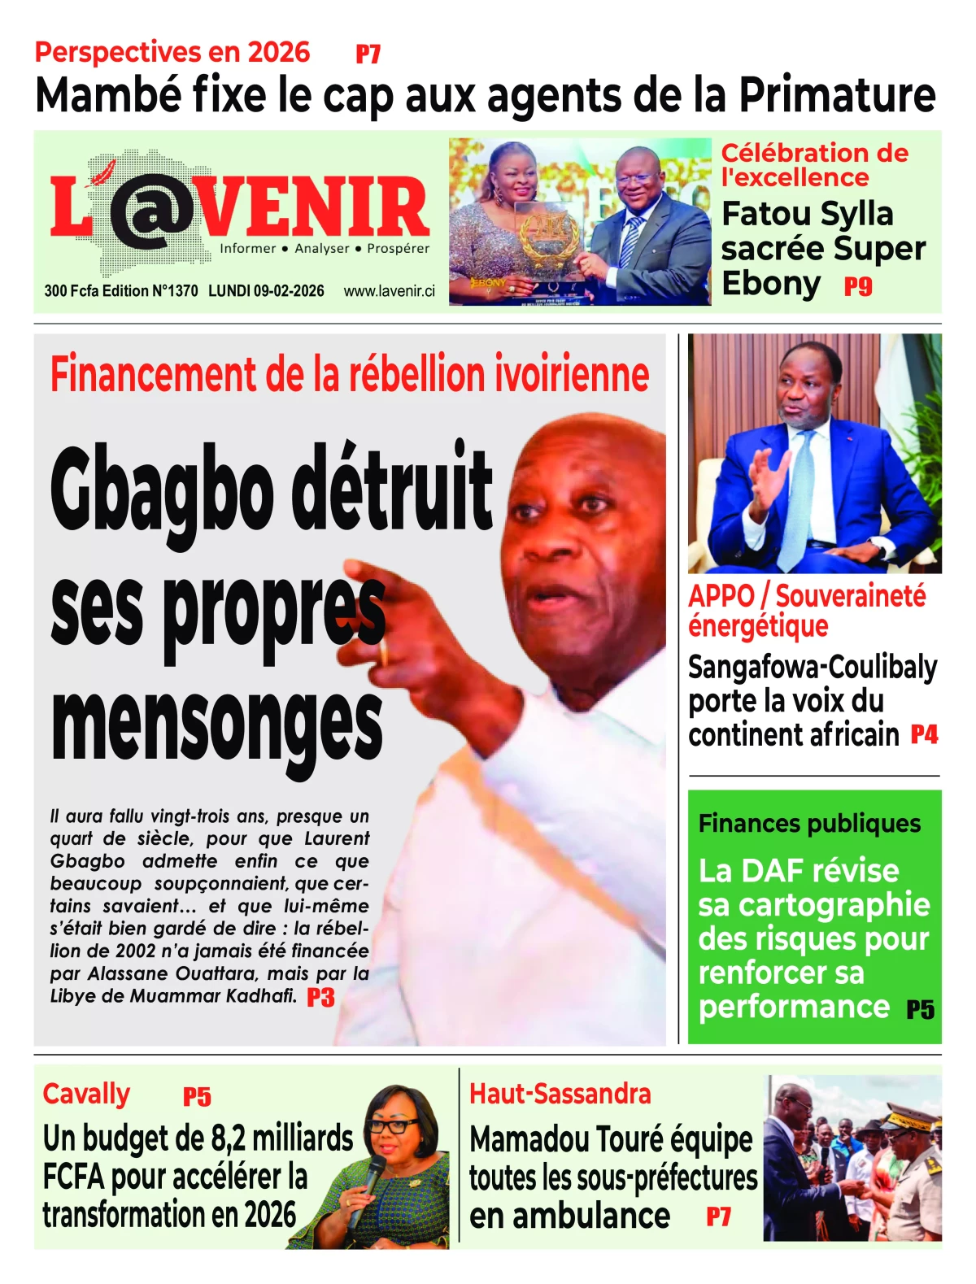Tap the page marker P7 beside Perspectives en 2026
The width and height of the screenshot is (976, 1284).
click(x=368, y=54)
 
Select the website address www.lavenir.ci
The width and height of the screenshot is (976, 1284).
click(x=389, y=291)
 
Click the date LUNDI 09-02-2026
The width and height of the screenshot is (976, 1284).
click(x=266, y=291)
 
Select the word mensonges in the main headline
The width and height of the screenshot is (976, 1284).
click(x=216, y=722)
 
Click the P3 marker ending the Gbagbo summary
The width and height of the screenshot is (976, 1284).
click(x=320, y=998)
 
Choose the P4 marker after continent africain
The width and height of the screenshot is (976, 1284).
click(x=924, y=735)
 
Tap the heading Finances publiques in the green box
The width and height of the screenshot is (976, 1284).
click(x=809, y=824)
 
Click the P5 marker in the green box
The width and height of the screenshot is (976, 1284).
click(x=920, y=1010)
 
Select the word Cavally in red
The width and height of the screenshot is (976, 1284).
click(x=86, y=1095)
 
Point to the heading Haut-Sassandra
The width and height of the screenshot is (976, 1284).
click(x=560, y=1095)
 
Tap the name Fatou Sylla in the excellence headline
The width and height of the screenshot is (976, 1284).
click(x=808, y=214)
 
